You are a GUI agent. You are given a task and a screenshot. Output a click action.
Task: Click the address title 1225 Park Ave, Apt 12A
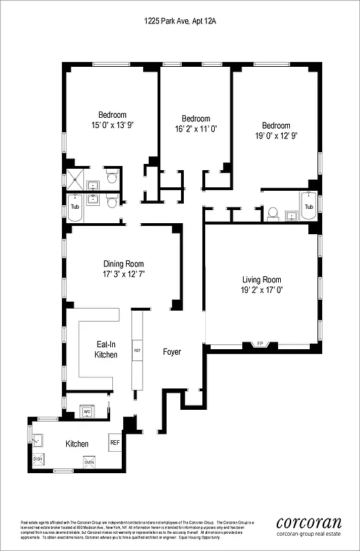point(180,22)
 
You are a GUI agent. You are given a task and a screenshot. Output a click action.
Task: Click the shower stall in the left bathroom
point(74,180)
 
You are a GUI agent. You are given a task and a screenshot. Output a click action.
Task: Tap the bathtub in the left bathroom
point(74,207)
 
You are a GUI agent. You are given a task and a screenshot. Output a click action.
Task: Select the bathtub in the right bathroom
point(309,207)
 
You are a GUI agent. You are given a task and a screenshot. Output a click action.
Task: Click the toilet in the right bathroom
point(273,213)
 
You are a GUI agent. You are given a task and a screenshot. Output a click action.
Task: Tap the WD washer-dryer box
point(87,412)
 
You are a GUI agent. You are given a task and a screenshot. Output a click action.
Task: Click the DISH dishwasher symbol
point(38,459)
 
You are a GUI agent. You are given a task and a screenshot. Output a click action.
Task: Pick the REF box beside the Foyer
point(137,350)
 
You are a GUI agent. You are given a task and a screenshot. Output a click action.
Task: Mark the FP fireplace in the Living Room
point(260,343)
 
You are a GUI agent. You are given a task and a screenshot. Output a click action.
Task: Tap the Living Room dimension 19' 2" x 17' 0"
point(262,291)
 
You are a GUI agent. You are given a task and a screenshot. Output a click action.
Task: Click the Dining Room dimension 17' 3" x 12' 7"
point(124,274)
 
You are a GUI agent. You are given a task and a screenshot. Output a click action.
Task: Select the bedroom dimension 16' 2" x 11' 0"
point(195,129)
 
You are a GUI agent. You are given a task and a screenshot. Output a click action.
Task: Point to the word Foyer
point(171,352)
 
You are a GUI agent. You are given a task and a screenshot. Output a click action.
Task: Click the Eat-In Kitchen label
point(106,349)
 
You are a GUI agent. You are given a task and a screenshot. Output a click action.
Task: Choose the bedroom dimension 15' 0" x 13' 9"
point(112,125)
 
